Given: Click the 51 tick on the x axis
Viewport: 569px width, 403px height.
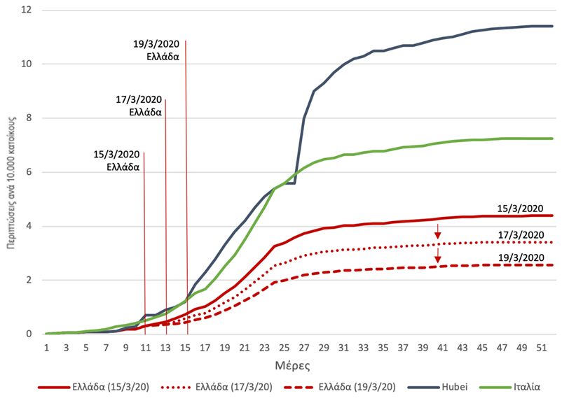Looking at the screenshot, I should pyautogui.click(x=540, y=348).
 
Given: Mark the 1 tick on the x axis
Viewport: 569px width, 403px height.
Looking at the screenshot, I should pyautogui.click(x=47, y=348).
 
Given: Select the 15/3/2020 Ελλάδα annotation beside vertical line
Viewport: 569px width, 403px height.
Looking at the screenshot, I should pyautogui.click(x=118, y=160).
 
